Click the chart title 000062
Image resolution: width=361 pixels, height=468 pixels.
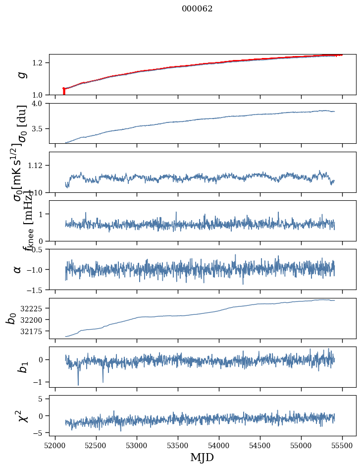click(197, 9)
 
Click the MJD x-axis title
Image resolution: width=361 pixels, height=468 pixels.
click(202, 458)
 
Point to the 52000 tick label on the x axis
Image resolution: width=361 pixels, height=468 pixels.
click(55, 446)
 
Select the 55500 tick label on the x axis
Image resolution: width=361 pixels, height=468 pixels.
click(342, 446)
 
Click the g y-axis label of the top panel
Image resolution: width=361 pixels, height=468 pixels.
click(21, 74)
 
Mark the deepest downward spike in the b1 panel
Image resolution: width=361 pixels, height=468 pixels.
click(78, 384)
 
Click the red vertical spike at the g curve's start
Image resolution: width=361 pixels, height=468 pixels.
click(64, 92)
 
